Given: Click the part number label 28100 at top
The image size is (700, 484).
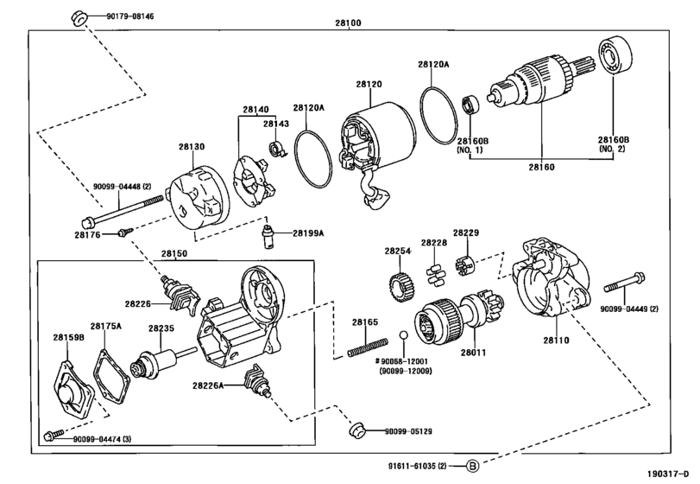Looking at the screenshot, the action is click(348, 22).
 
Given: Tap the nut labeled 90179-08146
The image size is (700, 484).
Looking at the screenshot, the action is click(79, 18).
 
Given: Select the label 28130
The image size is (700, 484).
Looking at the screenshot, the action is click(192, 147).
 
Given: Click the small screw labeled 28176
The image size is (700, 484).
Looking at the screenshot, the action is click(125, 232).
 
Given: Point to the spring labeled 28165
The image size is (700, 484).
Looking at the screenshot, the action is click(368, 347).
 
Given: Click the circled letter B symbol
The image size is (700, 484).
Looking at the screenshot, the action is click(473, 466).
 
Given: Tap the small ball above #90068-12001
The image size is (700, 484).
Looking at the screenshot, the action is click(404, 334).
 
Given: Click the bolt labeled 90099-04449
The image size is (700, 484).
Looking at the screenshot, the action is click(624, 283).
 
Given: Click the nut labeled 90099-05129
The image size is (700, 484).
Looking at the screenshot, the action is click(357, 430).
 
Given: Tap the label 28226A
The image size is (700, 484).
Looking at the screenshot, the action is click(208, 385).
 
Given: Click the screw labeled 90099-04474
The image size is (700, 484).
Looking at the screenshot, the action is click(54, 434).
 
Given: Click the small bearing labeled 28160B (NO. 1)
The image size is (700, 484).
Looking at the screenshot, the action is click(470, 105).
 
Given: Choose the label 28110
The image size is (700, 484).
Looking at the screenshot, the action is click(556, 340).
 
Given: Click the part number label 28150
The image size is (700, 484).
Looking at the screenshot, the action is click(174, 253).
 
